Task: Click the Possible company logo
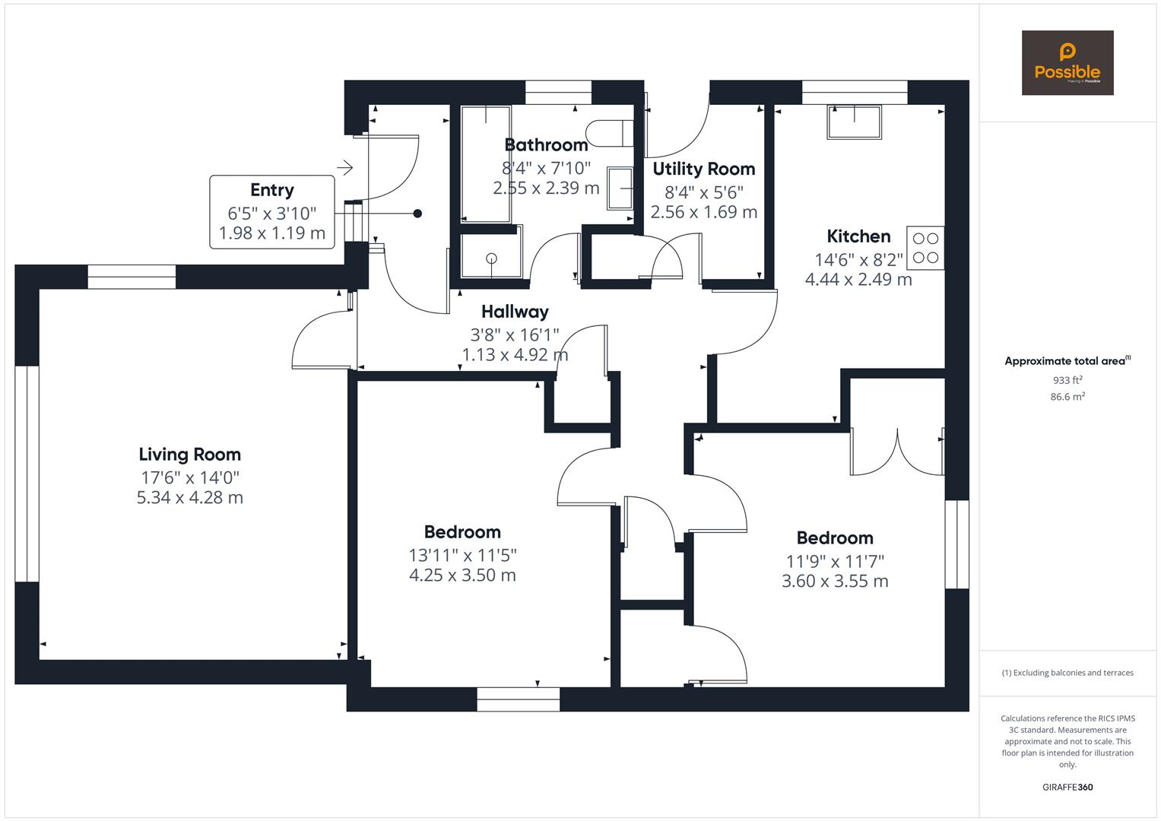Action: point(1067,62)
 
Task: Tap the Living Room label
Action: point(190,455)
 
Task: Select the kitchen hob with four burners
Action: point(925,248)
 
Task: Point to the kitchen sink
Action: point(854,122)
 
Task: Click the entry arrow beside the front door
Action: point(345,167)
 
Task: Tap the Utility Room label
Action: point(704,169)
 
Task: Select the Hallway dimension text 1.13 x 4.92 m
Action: point(515,355)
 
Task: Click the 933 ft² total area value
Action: point(1067,380)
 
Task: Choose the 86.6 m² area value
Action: point(1067,397)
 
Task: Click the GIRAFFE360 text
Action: point(1067,787)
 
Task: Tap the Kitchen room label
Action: point(858,236)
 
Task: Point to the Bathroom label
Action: point(546,145)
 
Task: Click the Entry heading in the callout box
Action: point(272,190)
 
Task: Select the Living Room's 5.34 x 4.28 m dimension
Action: point(190,498)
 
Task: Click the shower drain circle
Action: point(491,258)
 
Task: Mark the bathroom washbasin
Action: point(620,189)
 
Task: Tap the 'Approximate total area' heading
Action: point(1067,361)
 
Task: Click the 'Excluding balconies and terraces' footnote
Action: point(1067,673)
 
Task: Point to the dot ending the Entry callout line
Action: point(417,214)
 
